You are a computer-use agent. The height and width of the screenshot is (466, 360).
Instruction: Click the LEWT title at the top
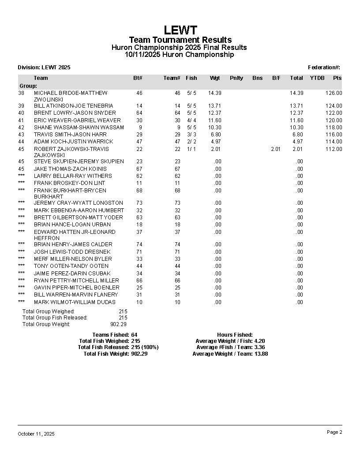click(x=180, y=30)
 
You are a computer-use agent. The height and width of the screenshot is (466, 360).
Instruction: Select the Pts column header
click(x=337, y=78)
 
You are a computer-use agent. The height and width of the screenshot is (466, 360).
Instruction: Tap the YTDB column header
click(x=317, y=78)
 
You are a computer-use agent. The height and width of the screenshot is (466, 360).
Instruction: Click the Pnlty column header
click(x=236, y=78)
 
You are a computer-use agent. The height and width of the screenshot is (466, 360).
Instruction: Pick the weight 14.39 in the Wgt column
click(x=214, y=93)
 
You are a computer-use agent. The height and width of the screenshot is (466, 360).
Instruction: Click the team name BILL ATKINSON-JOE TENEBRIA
click(x=73, y=106)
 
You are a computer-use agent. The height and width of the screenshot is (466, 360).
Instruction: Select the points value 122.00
click(x=334, y=113)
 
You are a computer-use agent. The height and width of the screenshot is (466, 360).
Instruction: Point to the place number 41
click(x=21, y=120)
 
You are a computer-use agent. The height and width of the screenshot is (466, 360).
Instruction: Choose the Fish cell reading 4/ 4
click(x=191, y=120)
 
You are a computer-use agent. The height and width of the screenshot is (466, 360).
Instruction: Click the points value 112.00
click(x=334, y=149)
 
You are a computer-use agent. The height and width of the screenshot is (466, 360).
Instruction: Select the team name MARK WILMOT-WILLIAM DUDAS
click(x=75, y=302)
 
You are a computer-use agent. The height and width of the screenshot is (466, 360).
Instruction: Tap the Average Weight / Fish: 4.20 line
click(x=230, y=341)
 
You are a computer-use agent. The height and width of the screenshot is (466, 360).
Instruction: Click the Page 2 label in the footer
click(x=334, y=432)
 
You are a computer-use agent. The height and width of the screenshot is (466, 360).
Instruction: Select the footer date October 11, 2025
click(x=36, y=434)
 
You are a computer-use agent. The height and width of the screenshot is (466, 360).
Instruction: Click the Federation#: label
click(x=324, y=68)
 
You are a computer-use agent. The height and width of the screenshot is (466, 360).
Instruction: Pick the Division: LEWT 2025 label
click(x=44, y=68)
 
